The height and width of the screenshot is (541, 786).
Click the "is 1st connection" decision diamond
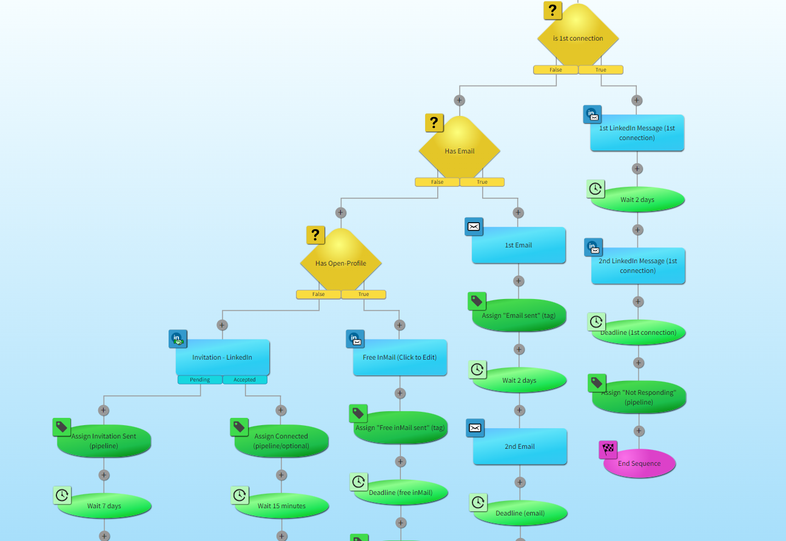(x=578, y=38)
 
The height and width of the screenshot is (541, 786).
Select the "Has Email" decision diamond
(x=459, y=150)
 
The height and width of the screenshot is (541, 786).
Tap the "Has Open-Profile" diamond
(x=341, y=263)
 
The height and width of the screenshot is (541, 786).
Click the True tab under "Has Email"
(x=482, y=182)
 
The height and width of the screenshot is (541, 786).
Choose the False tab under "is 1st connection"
(x=556, y=70)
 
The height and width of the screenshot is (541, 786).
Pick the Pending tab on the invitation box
(x=200, y=380)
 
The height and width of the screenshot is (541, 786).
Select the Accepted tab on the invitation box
(x=245, y=380)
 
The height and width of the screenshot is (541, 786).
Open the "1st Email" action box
(x=519, y=245)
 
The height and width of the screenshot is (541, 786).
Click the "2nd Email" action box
(x=520, y=446)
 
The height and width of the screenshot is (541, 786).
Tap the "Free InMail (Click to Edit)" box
(x=400, y=357)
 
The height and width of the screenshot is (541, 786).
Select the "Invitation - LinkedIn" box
(x=223, y=357)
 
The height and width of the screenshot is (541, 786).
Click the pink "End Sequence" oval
(x=639, y=463)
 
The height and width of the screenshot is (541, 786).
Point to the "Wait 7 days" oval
(x=104, y=506)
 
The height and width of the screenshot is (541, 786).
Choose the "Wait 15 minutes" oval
(x=282, y=506)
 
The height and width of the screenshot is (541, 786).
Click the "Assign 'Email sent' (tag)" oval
(x=519, y=315)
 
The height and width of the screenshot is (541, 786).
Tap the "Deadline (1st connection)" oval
(x=639, y=332)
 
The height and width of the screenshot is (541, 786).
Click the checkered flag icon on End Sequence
(x=608, y=449)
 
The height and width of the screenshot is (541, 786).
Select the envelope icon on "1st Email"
(x=474, y=227)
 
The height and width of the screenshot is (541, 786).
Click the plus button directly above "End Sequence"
(x=639, y=431)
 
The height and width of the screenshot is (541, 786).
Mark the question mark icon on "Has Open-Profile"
(x=315, y=235)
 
